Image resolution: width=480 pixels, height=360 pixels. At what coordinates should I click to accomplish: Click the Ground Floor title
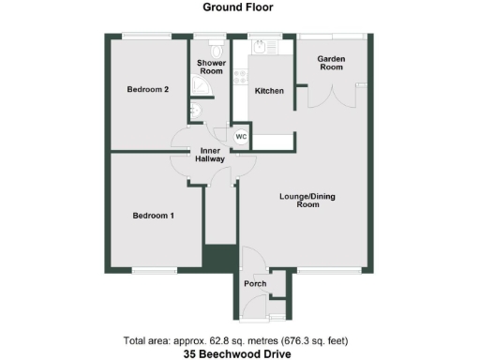click(x=239, y=7)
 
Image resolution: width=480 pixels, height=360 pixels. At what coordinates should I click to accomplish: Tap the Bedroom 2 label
click(x=147, y=90)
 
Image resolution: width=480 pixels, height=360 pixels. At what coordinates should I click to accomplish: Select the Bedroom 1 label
click(x=152, y=216)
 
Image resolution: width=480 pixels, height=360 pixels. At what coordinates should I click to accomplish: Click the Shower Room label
click(x=210, y=67)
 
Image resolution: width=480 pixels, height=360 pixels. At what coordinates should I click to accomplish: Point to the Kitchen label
click(x=268, y=90)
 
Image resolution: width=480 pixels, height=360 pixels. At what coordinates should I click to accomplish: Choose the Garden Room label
click(x=332, y=63)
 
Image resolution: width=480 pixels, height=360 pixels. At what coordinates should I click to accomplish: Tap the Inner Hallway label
click(x=209, y=156)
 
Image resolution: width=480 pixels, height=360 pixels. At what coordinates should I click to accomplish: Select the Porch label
click(x=255, y=283)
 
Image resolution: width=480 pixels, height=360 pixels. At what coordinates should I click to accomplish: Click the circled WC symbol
click(x=240, y=137)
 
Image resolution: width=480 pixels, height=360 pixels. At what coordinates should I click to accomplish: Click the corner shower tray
click(x=201, y=87)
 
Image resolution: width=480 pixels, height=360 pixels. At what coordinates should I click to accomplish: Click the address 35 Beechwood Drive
click(x=239, y=353)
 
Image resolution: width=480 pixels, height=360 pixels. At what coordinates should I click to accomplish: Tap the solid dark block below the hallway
click(x=220, y=257)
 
